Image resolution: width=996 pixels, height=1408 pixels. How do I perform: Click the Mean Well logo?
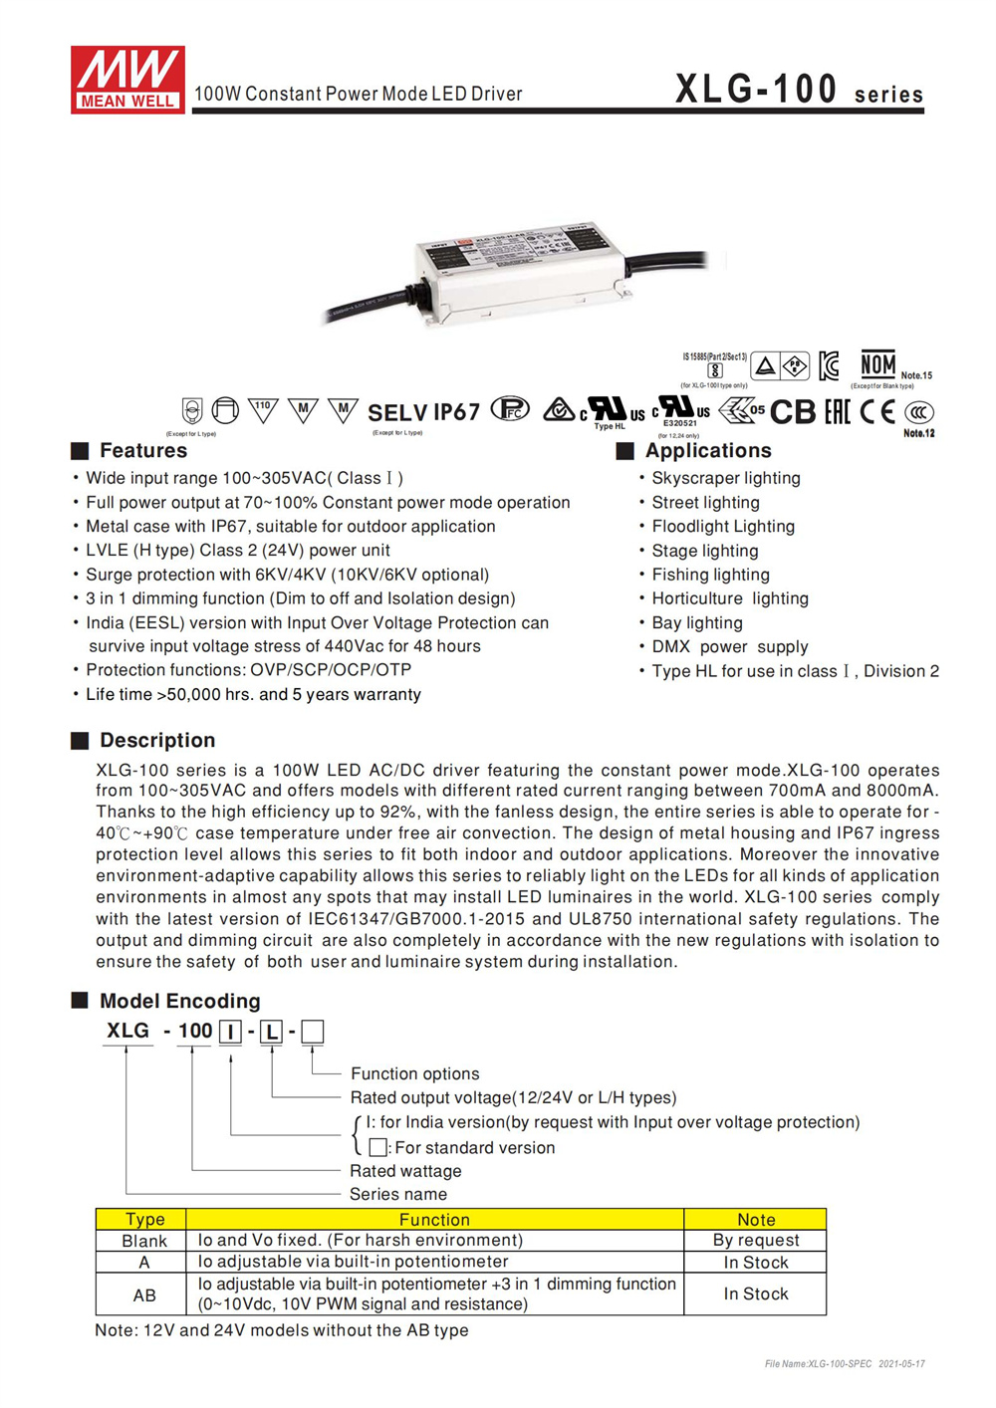pos(127,79)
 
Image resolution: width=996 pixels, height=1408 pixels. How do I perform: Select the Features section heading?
pos(142,450)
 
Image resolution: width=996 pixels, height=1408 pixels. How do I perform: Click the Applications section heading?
pos(707,450)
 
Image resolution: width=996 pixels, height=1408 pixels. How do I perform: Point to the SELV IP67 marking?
pos(423,412)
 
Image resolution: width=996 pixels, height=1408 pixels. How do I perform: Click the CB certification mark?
pos(793,411)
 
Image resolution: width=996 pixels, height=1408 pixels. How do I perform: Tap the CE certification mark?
pos(877,411)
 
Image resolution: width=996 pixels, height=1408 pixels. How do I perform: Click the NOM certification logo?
pos(877,364)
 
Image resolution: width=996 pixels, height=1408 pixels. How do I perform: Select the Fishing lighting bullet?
pos(710,575)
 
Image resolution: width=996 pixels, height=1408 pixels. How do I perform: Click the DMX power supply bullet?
pos(729,646)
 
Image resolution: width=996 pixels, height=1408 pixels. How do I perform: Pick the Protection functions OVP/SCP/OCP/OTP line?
pos(248,670)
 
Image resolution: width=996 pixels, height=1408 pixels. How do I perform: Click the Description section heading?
pos(156,740)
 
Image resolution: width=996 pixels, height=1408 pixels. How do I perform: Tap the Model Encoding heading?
pos(179,1001)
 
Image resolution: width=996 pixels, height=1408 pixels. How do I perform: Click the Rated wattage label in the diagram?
pos(405,1171)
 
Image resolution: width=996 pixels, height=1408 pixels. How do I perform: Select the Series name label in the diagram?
pos(397,1194)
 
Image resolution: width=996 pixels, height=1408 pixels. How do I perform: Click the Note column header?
pos(755,1219)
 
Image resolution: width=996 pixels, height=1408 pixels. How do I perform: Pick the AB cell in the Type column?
pos(144,1294)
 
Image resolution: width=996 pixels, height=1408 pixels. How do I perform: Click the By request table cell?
pos(755,1240)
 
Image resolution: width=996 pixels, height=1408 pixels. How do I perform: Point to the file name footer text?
pos(844,1363)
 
